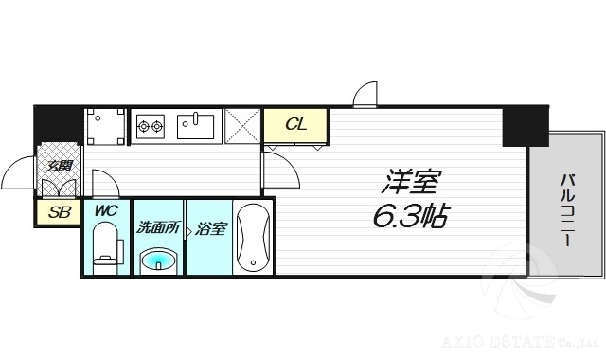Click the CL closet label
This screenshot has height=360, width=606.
[295, 123]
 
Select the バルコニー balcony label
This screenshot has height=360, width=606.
[567, 209]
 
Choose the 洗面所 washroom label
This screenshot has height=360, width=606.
[157, 227]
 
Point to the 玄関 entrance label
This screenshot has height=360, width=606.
[58, 168]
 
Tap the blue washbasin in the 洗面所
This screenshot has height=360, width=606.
[158, 260]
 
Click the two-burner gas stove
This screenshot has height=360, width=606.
[151, 124]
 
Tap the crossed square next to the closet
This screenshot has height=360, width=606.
[241, 124]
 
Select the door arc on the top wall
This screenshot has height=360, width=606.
[365, 92]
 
